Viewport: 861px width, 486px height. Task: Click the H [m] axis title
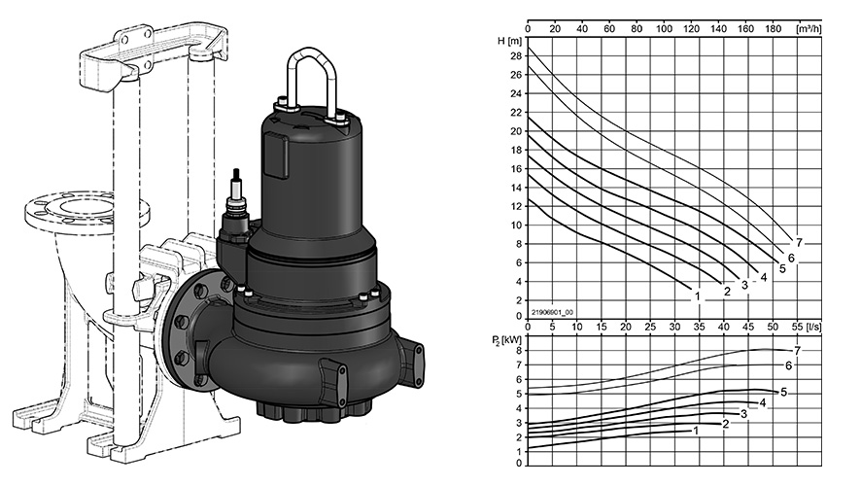click(x=508, y=41)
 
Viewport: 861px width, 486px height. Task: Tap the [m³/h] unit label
click(x=809, y=28)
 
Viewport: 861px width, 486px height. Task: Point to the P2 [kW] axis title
click(x=506, y=339)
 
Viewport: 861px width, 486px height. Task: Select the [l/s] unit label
click(x=813, y=327)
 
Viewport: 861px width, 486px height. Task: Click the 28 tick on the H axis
click(x=516, y=56)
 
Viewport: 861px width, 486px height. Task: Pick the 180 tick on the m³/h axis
click(x=773, y=28)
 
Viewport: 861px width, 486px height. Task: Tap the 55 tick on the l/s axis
click(x=797, y=327)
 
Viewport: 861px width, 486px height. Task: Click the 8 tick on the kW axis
click(x=518, y=350)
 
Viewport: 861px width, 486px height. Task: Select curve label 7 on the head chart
click(x=799, y=242)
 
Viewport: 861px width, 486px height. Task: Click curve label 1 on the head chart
click(x=698, y=296)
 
